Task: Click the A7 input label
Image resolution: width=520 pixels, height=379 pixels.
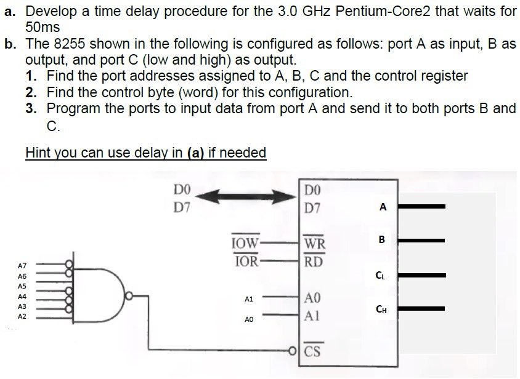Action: coord(22,266)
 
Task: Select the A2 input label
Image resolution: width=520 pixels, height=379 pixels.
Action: coord(22,316)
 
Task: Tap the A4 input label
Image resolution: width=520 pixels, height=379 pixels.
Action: coord(22,296)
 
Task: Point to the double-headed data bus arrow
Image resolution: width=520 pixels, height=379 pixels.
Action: coord(250,196)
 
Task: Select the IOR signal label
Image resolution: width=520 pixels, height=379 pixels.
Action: coord(246,260)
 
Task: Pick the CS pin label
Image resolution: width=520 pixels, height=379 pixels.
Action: coord(313,352)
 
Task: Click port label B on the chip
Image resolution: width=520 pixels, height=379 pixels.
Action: coord(382,239)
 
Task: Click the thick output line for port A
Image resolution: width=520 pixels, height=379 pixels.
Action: coord(421,206)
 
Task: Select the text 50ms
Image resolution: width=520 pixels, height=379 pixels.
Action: coord(43,28)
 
